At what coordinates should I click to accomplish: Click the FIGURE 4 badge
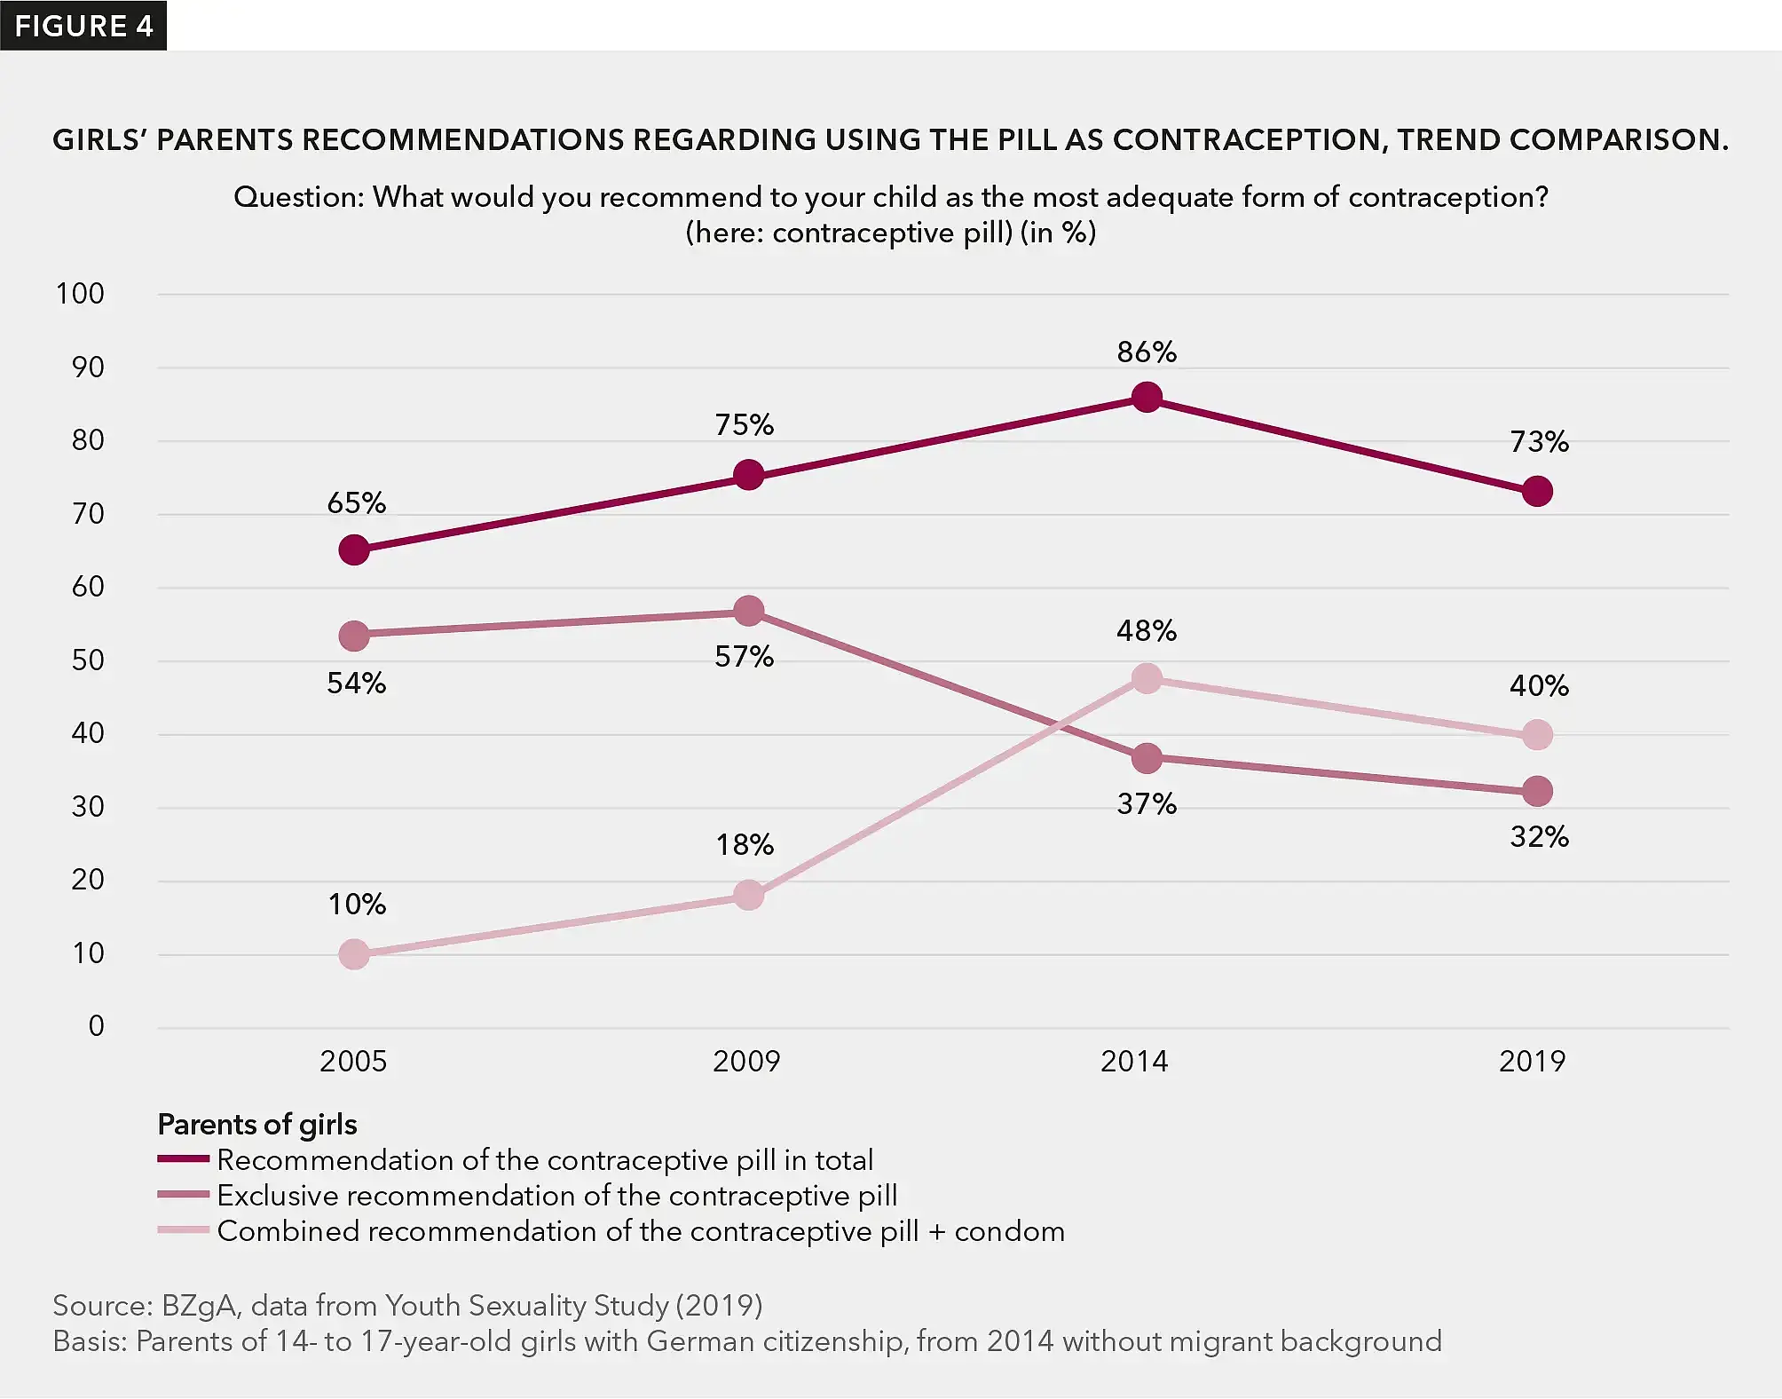click(83, 26)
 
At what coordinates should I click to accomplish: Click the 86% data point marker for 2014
click(1147, 398)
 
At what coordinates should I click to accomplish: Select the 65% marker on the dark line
click(354, 550)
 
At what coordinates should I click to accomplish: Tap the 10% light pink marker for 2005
click(354, 955)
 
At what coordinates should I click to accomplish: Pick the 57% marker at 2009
click(749, 611)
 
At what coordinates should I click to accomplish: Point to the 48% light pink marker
click(1147, 679)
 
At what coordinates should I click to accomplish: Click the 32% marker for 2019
click(1537, 791)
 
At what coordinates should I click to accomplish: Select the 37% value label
click(1147, 804)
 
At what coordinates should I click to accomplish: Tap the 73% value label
click(1539, 442)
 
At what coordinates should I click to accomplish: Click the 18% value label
click(745, 844)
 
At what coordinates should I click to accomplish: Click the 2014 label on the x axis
click(1134, 1062)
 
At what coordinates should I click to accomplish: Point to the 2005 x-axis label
click(353, 1062)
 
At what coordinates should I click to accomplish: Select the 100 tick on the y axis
click(80, 294)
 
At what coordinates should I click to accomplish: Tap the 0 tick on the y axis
click(96, 1026)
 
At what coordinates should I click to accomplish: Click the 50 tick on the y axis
click(88, 660)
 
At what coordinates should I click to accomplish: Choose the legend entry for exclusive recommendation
click(556, 1196)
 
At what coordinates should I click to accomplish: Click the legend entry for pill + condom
click(640, 1231)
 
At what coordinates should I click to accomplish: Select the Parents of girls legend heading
click(257, 1125)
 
